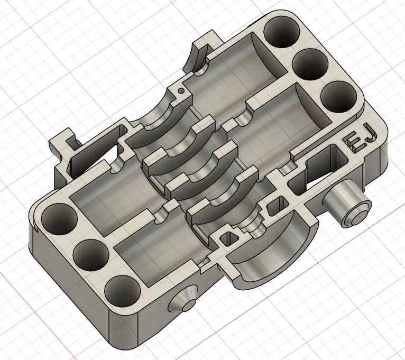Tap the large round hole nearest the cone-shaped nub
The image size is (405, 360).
pyautogui.click(x=122, y=292)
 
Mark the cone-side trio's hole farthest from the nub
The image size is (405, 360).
pyautogui.click(x=58, y=218)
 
